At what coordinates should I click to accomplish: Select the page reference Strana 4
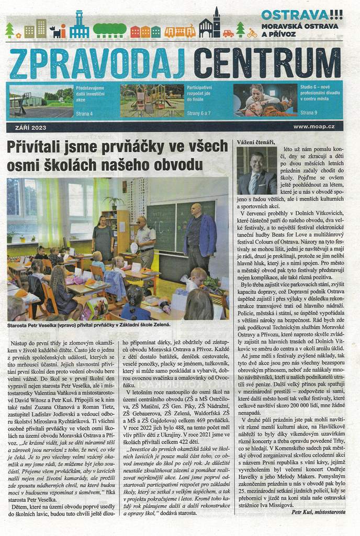pos(84,113)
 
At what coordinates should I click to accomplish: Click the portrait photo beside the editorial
pos(256,171)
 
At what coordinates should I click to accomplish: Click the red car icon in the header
pos(228,33)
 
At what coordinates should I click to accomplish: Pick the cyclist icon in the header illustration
pos(252,33)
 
